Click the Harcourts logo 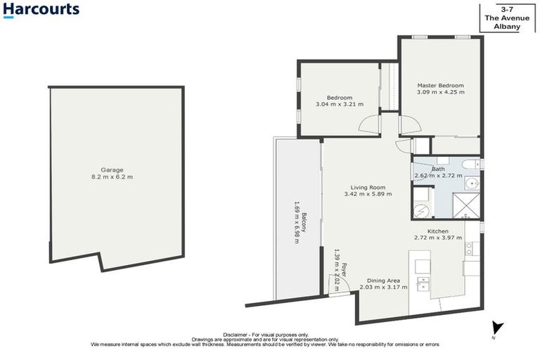(x=41, y=11)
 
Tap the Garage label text (x=112, y=169)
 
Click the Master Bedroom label (x=440, y=85)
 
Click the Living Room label (x=368, y=187)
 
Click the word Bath (x=438, y=169)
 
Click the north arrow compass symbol (x=497, y=328)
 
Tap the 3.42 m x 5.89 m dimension (x=368, y=194)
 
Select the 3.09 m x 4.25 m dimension (x=440, y=92)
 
